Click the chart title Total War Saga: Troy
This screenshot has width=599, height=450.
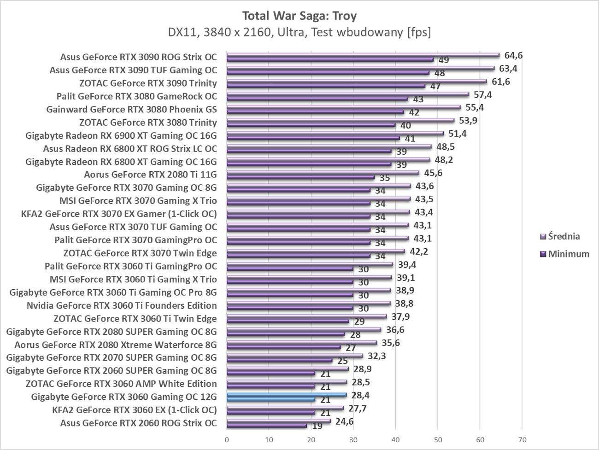(x=299, y=16)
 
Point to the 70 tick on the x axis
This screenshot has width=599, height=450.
(x=522, y=439)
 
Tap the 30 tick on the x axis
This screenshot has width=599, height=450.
(x=353, y=439)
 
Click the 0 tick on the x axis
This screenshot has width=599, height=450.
(x=227, y=439)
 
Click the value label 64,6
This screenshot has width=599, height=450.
(x=514, y=56)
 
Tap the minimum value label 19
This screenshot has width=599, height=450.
(x=317, y=427)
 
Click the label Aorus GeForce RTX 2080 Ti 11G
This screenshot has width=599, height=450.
(x=150, y=175)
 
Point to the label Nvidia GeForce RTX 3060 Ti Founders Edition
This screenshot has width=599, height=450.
(x=122, y=305)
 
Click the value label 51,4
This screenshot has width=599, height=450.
(x=458, y=134)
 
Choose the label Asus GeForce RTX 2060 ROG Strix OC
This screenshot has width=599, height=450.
(x=138, y=423)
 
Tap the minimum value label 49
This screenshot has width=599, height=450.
(x=444, y=60)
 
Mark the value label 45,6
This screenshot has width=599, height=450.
(x=433, y=173)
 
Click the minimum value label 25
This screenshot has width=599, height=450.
(x=342, y=361)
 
